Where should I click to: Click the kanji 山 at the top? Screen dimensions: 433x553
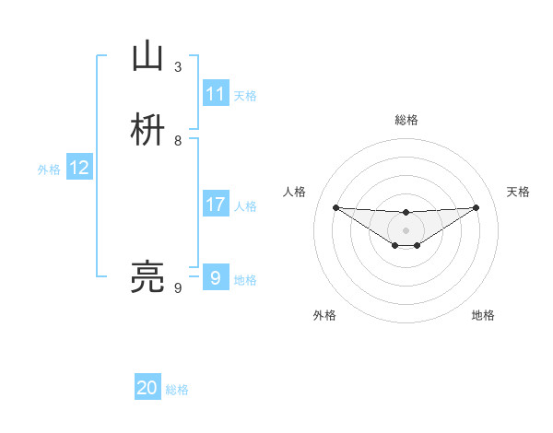[x=147, y=57]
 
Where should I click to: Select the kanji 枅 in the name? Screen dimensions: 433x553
[x=147, y=130]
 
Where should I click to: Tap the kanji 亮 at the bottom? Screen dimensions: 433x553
[x=147, y=276]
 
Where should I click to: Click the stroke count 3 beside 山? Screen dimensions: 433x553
[x=178, y=66]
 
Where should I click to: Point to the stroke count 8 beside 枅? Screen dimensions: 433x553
[x=178, y=140]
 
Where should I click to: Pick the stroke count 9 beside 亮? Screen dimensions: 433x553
[x=178, y=288]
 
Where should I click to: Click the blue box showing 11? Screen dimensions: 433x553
[x=216, y=94]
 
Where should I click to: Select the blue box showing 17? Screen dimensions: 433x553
[x=216, y=205]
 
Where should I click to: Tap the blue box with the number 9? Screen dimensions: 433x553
[x=216, y=277]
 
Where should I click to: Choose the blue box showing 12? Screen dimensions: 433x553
[x=79, y=168]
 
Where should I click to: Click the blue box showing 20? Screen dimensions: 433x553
[x=147, y=388]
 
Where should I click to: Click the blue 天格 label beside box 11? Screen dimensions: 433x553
[x=245, y=95]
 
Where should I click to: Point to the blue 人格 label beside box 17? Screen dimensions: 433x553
[x=245, y=205]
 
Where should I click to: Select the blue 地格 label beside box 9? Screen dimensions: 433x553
[x=245, y=279]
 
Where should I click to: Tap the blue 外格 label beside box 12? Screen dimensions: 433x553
[x=49, y=169]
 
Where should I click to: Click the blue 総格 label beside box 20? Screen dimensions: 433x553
[x=177, y=390]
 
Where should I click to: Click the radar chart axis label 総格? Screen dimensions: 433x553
[x=406, y=120]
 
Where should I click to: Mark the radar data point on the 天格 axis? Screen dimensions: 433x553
[x=477, y=207]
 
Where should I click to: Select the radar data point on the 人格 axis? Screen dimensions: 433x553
[x=335, y=207]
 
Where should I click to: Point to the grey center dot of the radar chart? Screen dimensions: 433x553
[x=406, y=229]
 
